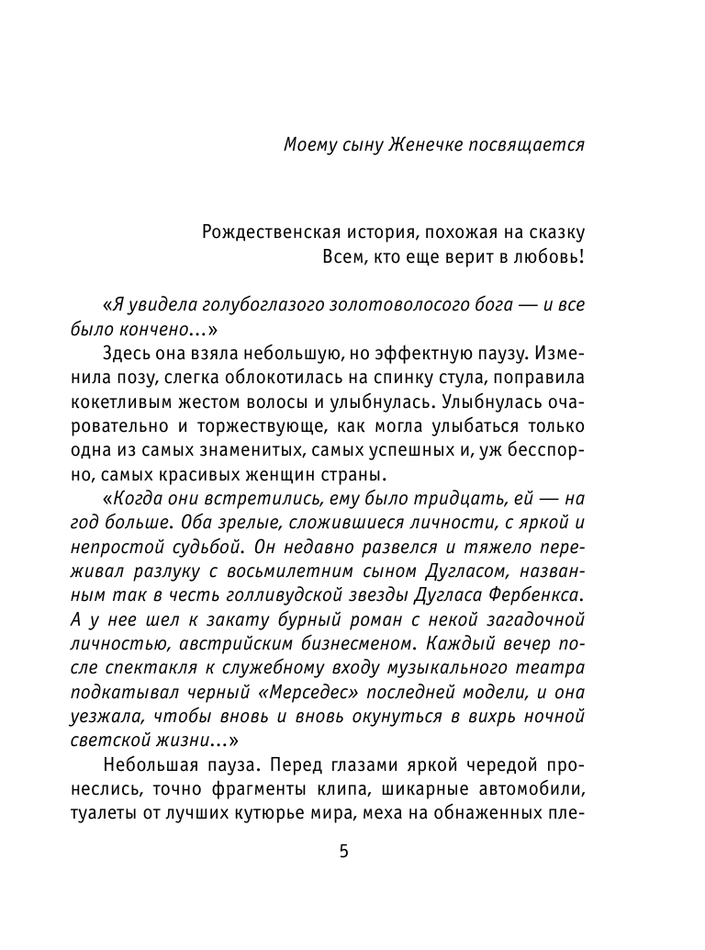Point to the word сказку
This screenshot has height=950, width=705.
point(554,232)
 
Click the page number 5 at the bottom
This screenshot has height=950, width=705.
point(344,852)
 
